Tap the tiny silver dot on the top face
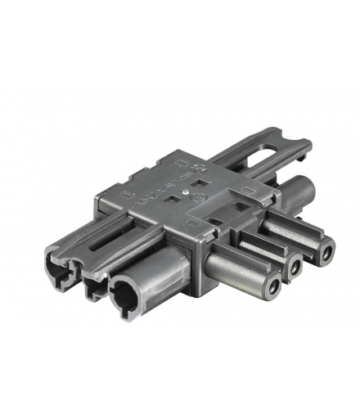tap(190, 196)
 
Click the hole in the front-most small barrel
tap(271, 290)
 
